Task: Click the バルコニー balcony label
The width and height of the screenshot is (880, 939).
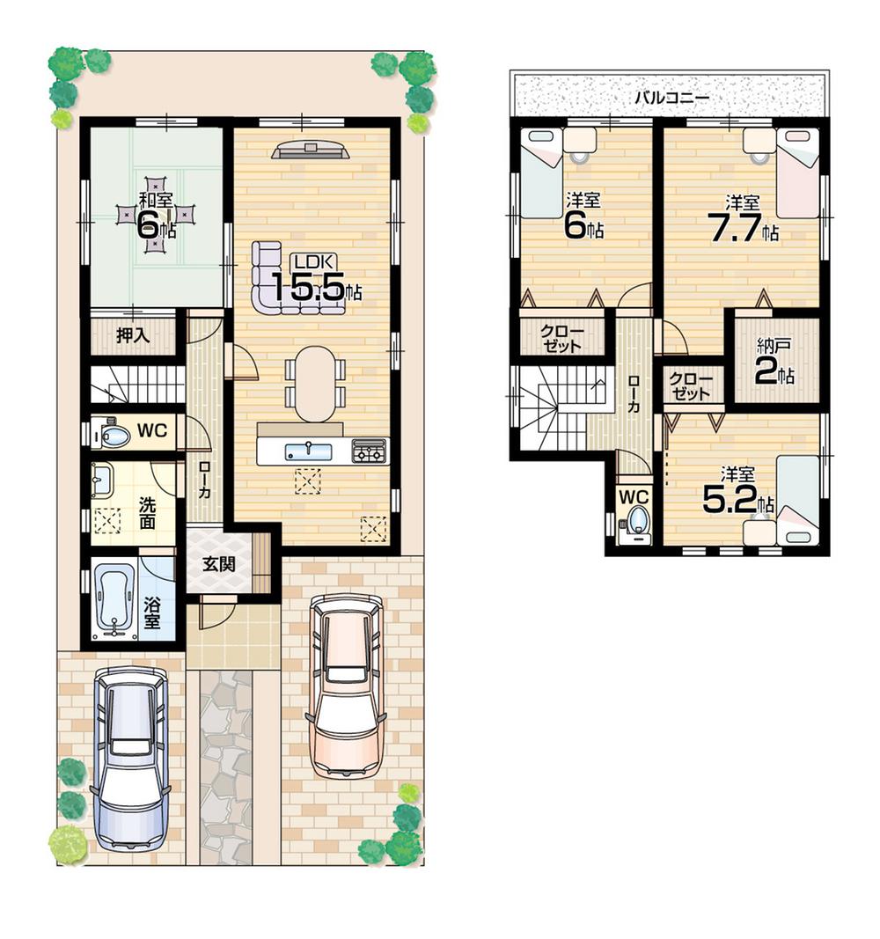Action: [671, 97]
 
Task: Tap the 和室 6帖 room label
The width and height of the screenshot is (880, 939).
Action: [155, 216]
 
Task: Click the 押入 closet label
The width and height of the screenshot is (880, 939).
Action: [134, 334]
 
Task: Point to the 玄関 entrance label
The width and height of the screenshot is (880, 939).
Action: [219, 564]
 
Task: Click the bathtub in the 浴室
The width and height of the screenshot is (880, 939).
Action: [115, 598]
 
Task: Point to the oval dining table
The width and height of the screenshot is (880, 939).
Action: [315, 384]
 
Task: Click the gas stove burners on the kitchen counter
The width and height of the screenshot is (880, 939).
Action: [369, 451]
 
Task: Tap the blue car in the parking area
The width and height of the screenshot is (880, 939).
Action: [130, 758]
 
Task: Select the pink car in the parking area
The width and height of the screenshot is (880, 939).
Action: [348, 684]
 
